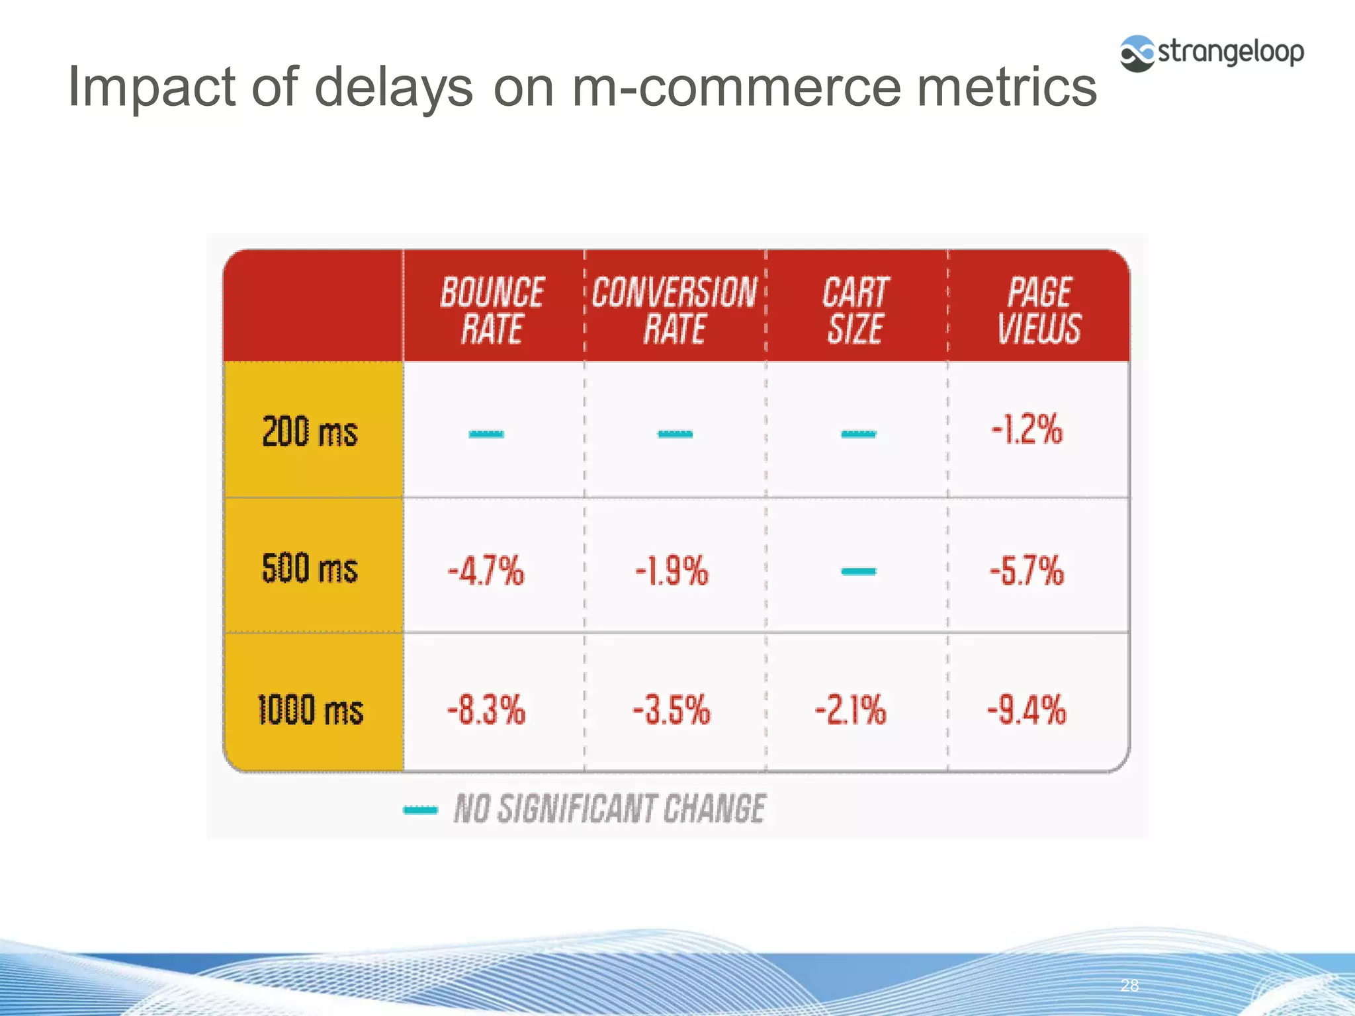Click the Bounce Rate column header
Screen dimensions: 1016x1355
tap(492, 310)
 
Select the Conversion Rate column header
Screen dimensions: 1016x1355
tap(675, 310)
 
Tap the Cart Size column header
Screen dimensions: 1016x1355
tap(856, 310)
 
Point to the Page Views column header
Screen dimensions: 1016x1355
tap(1039, 310)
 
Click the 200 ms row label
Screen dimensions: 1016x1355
tap(310, 432)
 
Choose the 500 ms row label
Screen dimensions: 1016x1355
tap(310, 569)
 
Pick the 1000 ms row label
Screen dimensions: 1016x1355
tap(310, 710)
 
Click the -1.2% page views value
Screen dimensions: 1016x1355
tap(1027, 430)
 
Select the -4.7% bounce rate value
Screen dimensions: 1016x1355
tap(486, 571)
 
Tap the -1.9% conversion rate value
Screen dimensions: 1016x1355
tap(672, 571)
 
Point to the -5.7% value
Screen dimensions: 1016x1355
tap(1027, 570)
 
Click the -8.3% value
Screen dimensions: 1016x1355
tap(486, 710)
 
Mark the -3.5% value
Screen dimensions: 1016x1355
tap(672, 710)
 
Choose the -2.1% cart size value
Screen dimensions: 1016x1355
tap(851, 710)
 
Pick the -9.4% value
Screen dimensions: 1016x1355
tap(1027, 710)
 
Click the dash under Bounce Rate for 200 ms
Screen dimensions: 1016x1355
tap(486, 434)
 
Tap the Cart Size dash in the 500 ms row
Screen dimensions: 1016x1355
tap(859, 571)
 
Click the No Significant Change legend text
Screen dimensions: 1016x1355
tap(609, 809)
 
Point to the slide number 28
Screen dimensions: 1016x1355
tap(1130, 986)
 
